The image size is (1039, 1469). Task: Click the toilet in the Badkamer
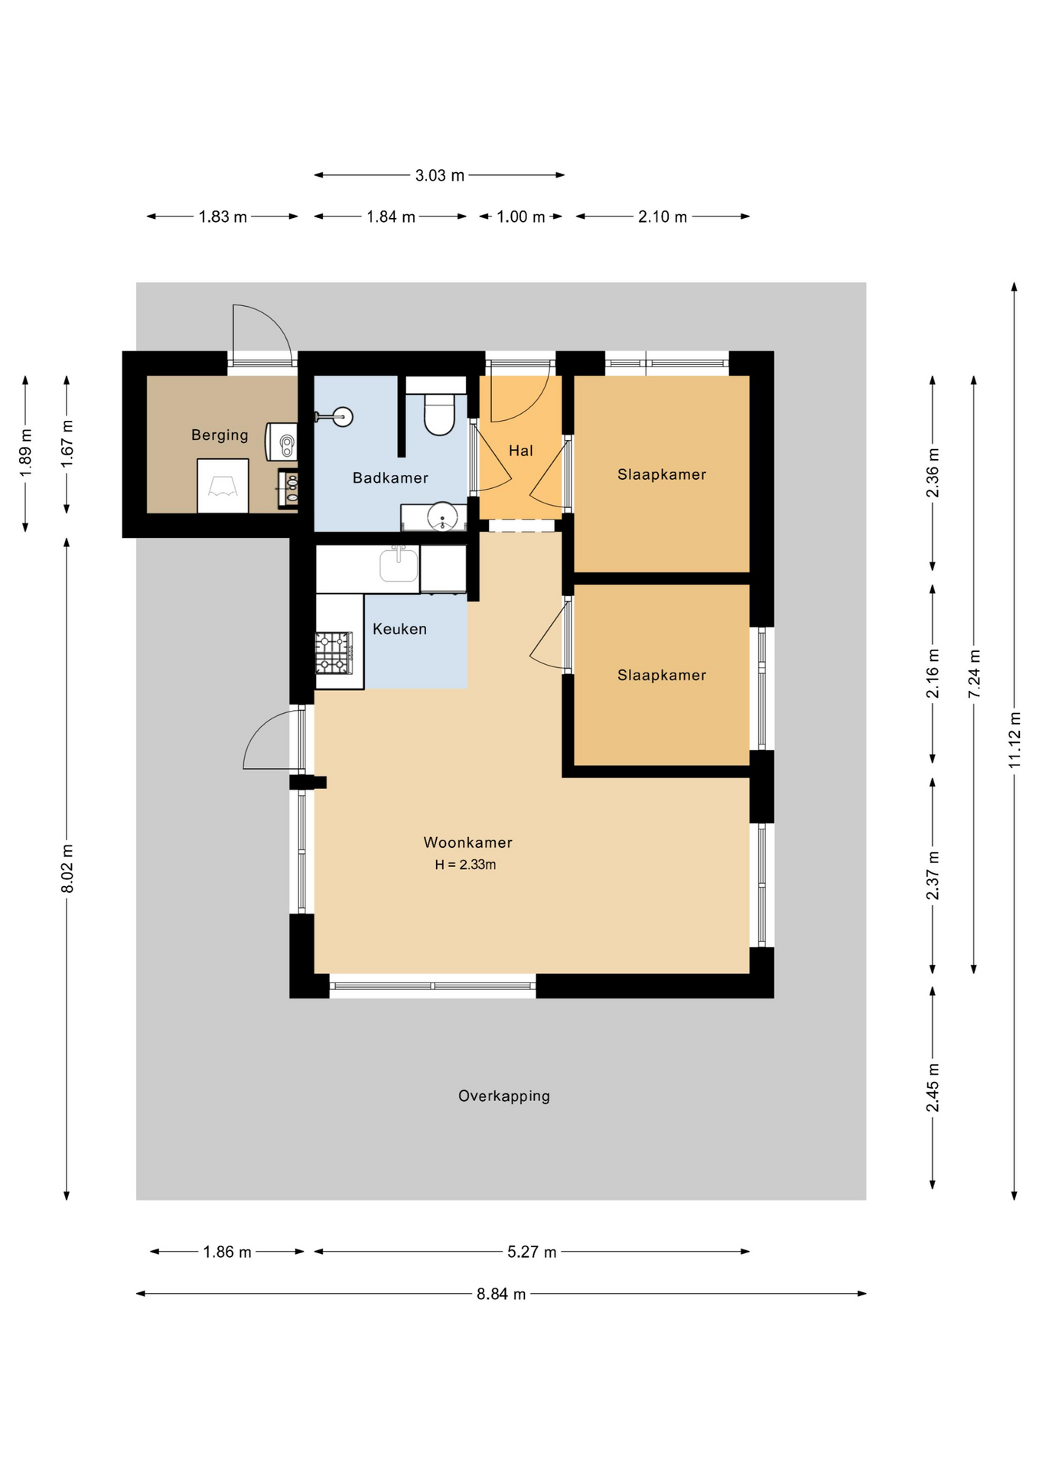(439, 412)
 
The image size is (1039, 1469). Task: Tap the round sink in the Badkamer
(442, 516)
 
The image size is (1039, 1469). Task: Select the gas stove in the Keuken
(334, 653)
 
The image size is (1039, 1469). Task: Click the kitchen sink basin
(399, 565)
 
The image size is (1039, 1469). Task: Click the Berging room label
(220, 435)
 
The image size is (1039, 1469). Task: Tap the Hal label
(520, 451)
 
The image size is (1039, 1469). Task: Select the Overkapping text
(503, 1096)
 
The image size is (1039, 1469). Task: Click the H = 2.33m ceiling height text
(465, 865)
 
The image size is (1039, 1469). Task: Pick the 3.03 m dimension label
(439, 175)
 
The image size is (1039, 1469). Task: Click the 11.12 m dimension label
(1015, 740)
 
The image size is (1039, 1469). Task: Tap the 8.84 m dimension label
(501, 1294)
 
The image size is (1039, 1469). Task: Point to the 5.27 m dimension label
(532, 1252)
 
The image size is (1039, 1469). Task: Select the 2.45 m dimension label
(933, 1087)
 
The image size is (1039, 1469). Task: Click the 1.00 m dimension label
(520, 217)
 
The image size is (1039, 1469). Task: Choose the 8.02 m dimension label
(67, 868)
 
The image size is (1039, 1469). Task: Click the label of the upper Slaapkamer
(661, 474)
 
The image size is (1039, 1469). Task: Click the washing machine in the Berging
(223, 486)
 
